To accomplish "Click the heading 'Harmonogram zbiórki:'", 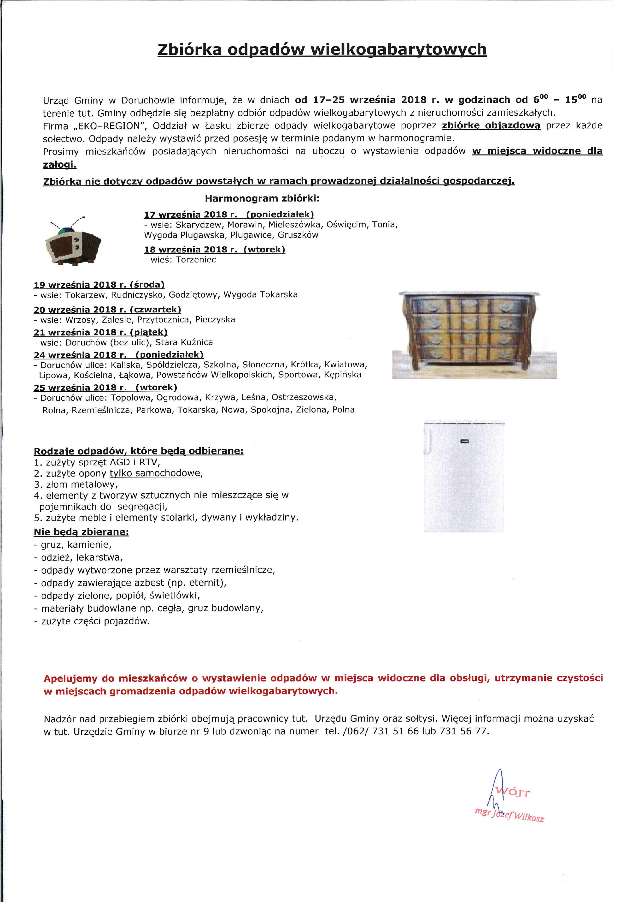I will (x=262, y=198).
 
